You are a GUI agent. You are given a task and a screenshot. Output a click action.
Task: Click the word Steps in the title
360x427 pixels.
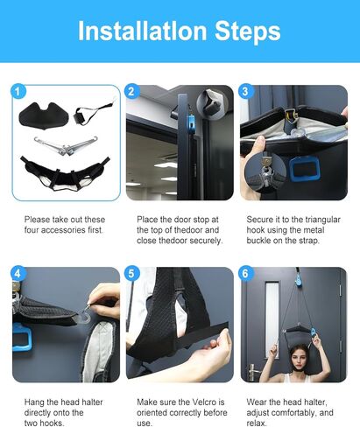[x=248, y=31]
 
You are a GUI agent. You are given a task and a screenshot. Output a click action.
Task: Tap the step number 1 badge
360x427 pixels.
[x=18, y=92]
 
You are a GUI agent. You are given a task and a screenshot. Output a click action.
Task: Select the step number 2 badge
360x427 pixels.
[x=131, y=92]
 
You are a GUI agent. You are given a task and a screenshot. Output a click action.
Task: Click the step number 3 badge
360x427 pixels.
[x=245, y=92]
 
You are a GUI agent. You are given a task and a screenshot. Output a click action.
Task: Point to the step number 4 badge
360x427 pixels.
[x=18, y=274]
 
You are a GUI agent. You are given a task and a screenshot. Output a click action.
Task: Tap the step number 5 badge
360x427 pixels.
[x=131, y=274]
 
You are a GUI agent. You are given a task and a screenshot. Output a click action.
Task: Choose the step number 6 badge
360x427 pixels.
[x=245, y=274]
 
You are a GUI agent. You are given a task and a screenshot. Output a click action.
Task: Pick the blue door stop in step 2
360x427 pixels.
[x=191, y=122]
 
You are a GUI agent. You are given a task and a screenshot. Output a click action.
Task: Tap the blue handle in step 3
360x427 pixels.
[x=304, y=169]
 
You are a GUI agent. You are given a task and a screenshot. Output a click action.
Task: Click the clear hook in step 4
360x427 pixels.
[x=85, y=314]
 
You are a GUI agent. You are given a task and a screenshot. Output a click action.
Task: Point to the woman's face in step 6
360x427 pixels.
[x=299, y=360]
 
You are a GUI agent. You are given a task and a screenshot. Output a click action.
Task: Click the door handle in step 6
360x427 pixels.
[x=252, y=372]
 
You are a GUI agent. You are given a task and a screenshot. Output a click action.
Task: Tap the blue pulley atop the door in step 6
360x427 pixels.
[x=299, y=279]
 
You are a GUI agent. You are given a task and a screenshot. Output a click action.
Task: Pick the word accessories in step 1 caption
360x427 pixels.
[x=63, y=230]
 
